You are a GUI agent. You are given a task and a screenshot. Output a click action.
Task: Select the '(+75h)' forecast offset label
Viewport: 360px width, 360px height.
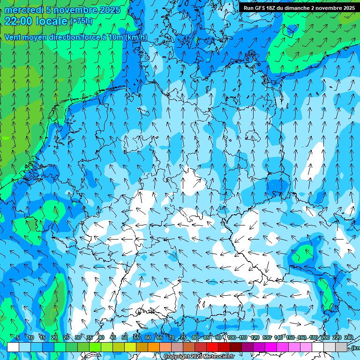click(x=81, y=21)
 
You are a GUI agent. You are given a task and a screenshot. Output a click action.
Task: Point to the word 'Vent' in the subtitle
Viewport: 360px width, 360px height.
click(x=14, y=37)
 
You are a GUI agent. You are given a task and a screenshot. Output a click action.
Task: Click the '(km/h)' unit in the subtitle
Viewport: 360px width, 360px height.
click(x=136, y=37)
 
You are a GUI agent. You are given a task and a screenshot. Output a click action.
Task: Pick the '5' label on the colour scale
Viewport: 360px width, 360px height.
click(x=17, y=338)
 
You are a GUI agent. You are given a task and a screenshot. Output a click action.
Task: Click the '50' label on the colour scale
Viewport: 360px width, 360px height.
click(x=125, y=338)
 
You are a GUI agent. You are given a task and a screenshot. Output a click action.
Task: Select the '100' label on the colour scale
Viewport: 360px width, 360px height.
click(x=231, y=338)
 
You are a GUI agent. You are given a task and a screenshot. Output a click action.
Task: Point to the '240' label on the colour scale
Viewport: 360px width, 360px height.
click(x=348, y=338)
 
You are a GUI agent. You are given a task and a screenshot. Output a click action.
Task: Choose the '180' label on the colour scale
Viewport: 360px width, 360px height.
click(x=313, y=338)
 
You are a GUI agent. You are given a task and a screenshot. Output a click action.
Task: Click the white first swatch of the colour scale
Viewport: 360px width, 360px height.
click(x=13, y=347)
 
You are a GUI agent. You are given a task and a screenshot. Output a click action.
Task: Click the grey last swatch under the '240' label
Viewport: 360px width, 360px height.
click(x=341, y=347)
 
